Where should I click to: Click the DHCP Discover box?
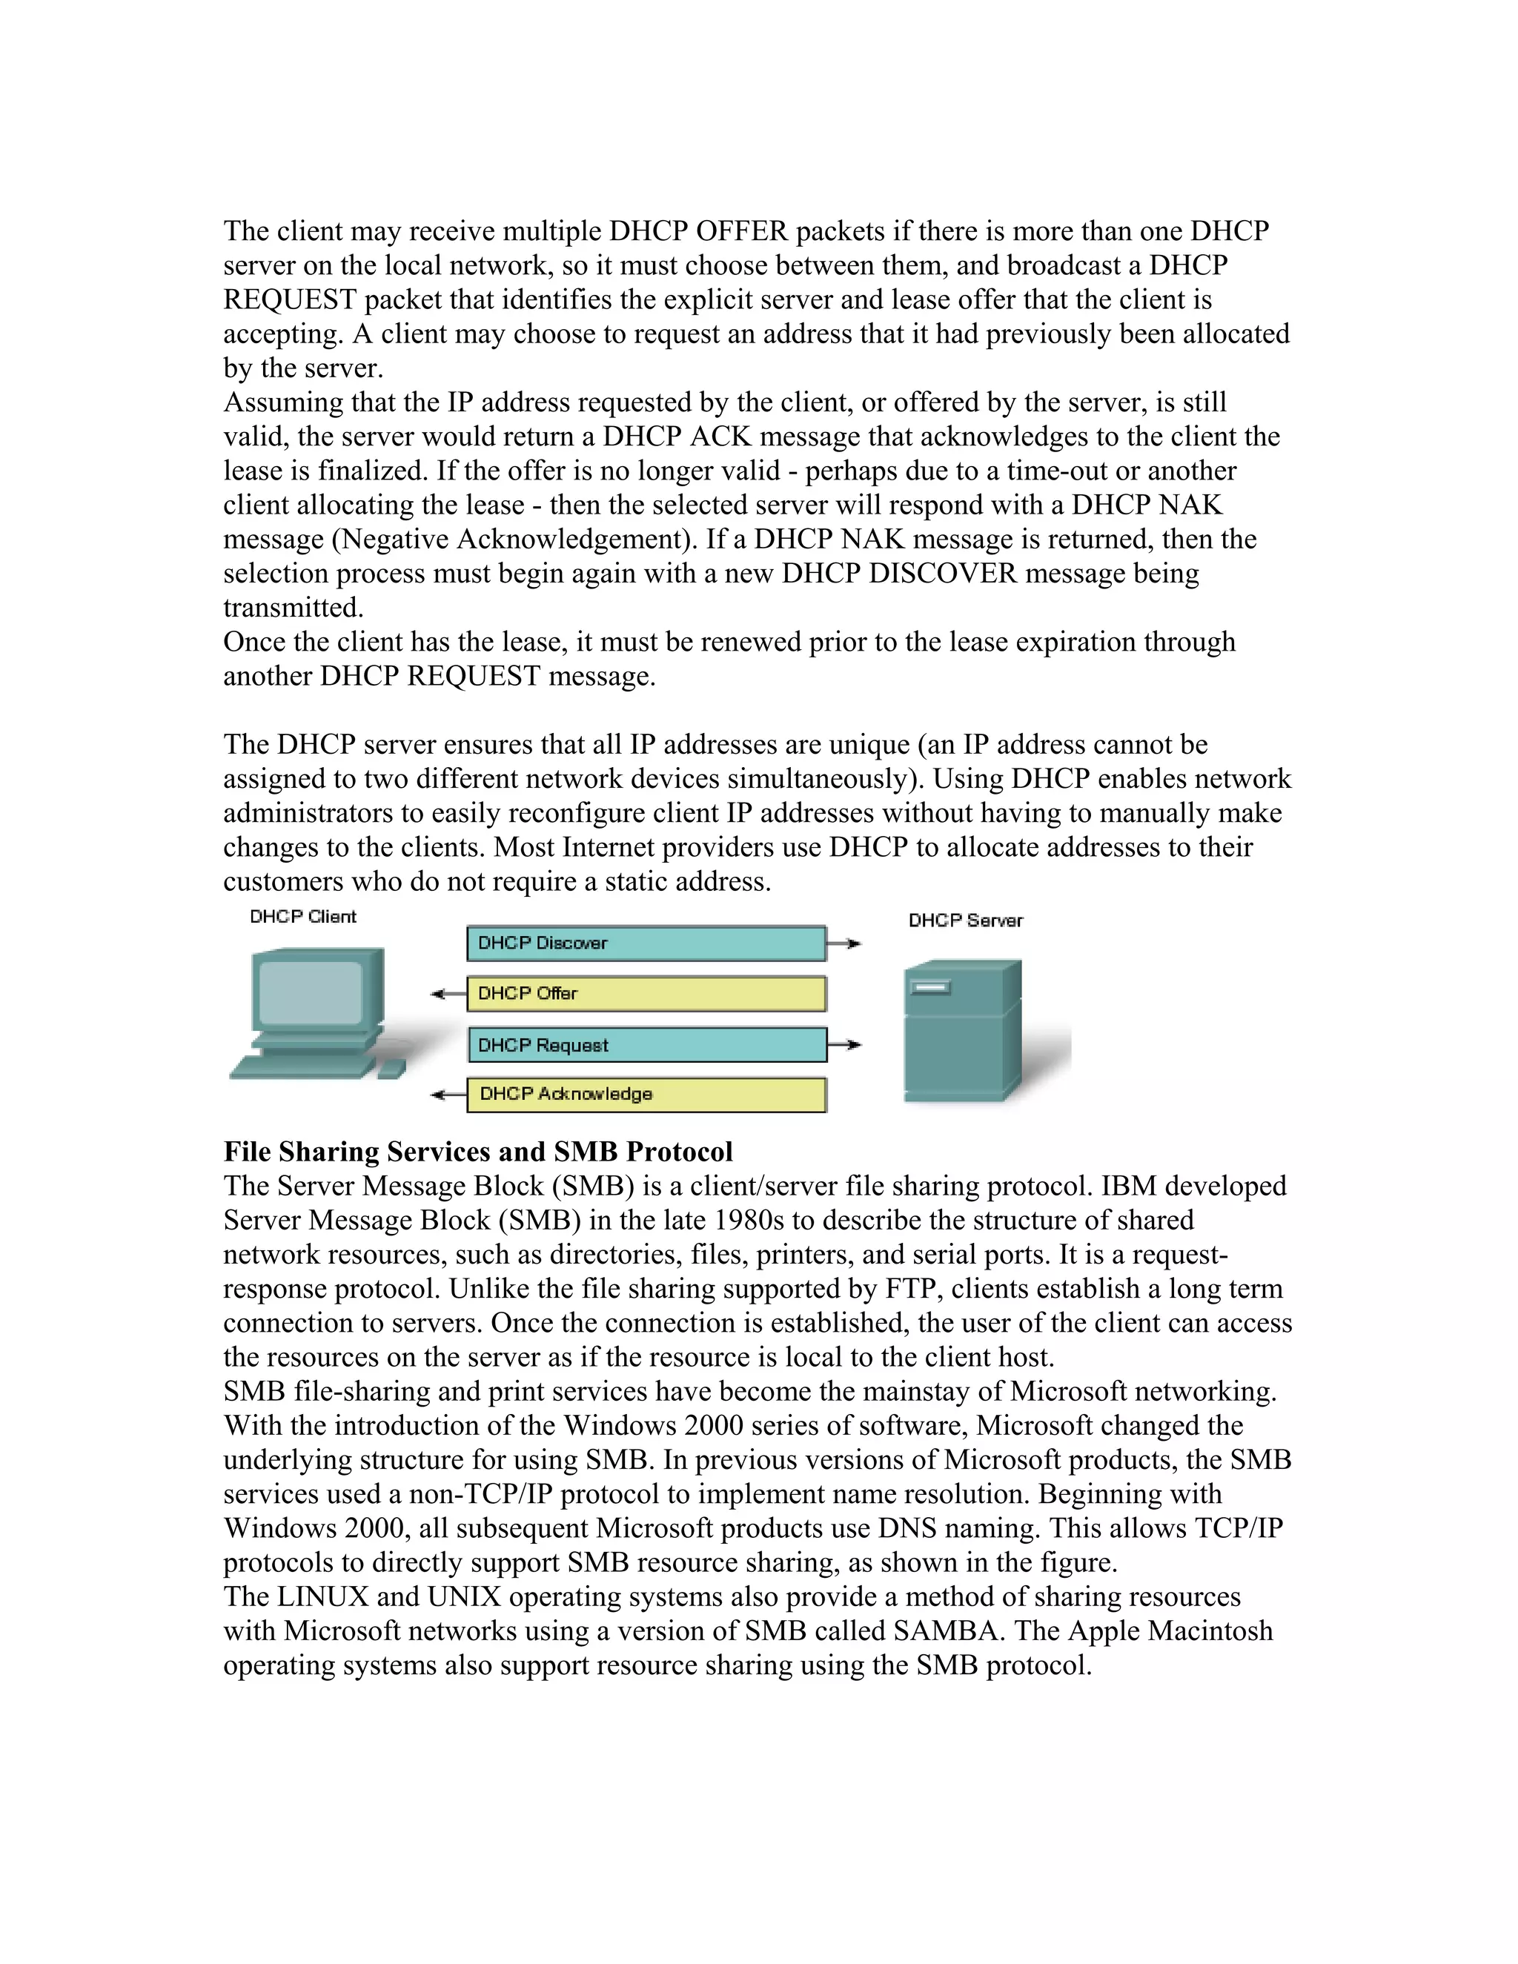(646, 943)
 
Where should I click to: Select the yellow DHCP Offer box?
(646, 994)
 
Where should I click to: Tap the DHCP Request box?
(646, 1045)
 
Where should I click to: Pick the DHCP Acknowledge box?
(646, 1095)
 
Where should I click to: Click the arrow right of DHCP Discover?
(844, 943)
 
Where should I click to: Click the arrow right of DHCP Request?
(844, 1045)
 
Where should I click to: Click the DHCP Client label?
(302, 916)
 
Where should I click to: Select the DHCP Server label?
(965, 920)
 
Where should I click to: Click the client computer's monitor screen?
(311, 994)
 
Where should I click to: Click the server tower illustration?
(962, 1034)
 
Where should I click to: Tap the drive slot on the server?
(931, 988)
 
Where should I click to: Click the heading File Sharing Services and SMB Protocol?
(477, 1152)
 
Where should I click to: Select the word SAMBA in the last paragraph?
(944, 1631)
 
